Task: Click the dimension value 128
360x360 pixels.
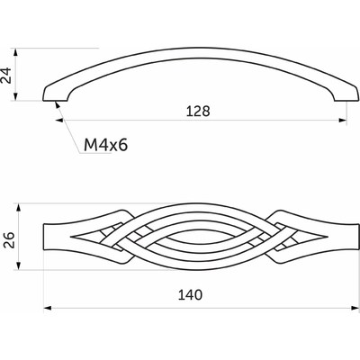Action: click(198, 112)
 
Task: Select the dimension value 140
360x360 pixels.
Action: click(190, 295)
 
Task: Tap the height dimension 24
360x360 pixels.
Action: click(6, 76)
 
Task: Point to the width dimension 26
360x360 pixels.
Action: click(10, 240)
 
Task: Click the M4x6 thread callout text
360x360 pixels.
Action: click(106, 145)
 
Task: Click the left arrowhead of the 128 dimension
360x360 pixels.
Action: click(59, 121)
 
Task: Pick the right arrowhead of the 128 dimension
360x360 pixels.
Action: click(343, 121)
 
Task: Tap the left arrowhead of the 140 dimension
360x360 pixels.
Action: click(48, 308)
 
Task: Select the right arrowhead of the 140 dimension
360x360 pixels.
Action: click(355, 308)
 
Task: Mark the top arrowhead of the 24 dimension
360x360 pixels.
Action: click(16, 52)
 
